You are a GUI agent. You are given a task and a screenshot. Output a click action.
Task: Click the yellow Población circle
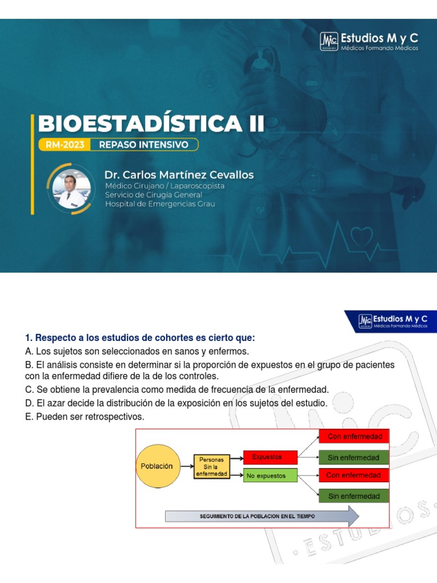(156, 466)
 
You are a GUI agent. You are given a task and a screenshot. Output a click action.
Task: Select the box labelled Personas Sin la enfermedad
(212, 466)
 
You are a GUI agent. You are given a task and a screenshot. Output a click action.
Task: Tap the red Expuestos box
(270, 457)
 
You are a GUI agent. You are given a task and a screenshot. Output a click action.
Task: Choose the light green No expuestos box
(270, 475)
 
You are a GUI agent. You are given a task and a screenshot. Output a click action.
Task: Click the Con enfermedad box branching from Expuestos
(354, 437)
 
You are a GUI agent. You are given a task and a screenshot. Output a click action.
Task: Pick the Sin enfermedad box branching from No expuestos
(354, 496)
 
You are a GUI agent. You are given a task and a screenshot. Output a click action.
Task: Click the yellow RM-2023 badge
(64, 145)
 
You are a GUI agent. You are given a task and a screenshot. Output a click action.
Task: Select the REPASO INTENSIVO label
(143, 145)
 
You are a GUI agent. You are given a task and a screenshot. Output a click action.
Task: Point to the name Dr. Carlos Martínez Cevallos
(179, 175)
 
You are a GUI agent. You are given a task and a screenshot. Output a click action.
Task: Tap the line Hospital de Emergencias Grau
(160, 204)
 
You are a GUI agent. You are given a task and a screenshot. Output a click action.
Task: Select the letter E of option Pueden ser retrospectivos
(28, 417)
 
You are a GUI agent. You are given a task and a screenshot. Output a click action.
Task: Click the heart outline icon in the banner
(362, 235)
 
